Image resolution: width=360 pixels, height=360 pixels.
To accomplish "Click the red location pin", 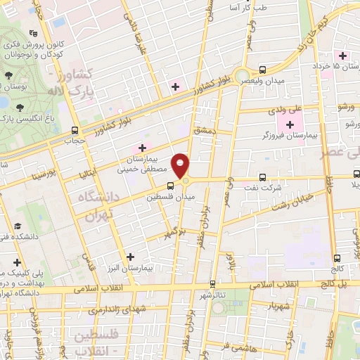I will click(x=181, y=165).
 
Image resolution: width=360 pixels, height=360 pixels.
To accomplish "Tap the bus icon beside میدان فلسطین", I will click(x=171, y=186).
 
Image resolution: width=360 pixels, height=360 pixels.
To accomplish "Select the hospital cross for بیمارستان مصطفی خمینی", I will click(x=143, y=148).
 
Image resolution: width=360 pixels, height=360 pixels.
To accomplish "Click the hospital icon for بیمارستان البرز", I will click(x=130, y=257).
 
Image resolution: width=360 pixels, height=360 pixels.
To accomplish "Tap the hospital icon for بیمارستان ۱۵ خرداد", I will click(x=343, y=56).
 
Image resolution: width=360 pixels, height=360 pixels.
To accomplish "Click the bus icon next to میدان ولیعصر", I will click(x=262, y=70).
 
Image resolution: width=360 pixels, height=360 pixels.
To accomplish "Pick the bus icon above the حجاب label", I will click(x=75, y=129).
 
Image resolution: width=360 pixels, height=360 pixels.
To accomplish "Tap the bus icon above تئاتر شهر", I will click(x=212, y=284).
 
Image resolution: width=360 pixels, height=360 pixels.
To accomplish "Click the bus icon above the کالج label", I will click(x=338, y=258).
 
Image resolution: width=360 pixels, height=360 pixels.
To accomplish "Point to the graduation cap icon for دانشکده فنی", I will click(x=16, y=226).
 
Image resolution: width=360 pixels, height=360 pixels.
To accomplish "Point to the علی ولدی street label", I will click(x=285, y=110).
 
